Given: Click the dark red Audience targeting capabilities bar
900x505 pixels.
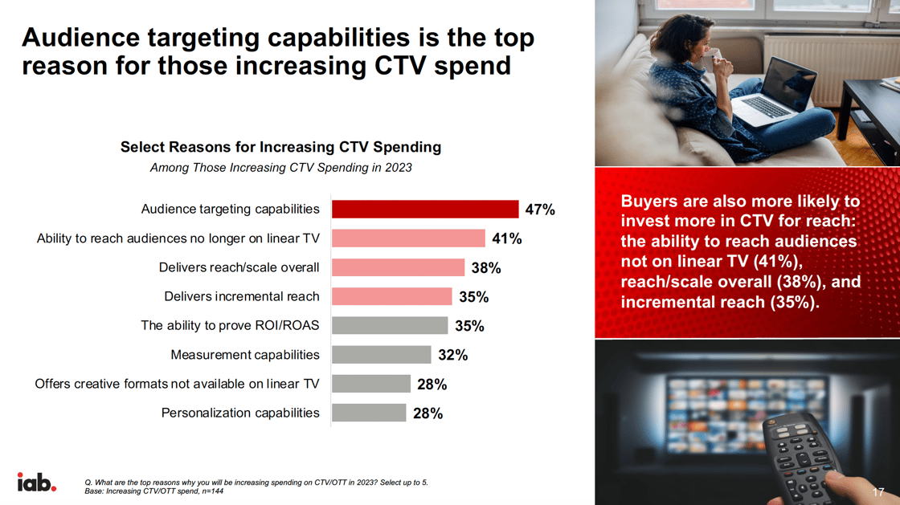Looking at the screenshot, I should point(425,209).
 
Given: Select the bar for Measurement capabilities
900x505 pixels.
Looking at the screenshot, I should point(382,355).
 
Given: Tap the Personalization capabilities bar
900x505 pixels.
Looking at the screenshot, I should point(369,413).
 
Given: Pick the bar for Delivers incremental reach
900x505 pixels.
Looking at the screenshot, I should point(392,296).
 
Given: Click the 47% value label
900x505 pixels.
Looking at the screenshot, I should point(540,210).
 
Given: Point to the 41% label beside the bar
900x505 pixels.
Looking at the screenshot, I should point(507,238).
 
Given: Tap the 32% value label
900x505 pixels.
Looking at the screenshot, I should point(452,355).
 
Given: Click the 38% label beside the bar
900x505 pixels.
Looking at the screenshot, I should point(485,268).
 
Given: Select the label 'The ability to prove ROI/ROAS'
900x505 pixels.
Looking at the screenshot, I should point(230,325).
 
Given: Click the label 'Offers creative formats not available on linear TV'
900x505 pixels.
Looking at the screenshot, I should point(177,384).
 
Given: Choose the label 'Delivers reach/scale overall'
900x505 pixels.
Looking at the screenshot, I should point(239,267).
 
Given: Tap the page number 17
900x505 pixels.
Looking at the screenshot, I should point(877,491).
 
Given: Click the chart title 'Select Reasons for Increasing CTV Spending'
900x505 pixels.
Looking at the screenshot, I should point(280,147).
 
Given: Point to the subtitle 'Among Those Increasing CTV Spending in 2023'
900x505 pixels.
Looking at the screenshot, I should point(280,168).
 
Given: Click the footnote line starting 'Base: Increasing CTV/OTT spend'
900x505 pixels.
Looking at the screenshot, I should point(154,491).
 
